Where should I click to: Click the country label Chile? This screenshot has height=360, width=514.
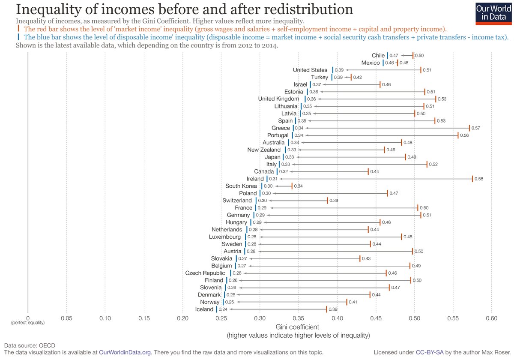(x=378, y=55)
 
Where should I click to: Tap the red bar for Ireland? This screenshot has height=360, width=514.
(x=472, y=179)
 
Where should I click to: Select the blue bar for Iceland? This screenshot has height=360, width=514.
(x=216, y=309)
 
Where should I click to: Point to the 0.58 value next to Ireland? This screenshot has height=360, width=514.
(x=479, y=179)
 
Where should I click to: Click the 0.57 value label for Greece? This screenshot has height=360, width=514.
(x=475, y=128)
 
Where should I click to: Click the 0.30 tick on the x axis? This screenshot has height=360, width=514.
(x=260, y=318)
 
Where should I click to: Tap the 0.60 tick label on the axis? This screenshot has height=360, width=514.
(x=492, y=318)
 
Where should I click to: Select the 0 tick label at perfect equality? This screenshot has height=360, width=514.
(x=28, y=318)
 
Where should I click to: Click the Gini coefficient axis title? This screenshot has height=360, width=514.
(x=298, y=327)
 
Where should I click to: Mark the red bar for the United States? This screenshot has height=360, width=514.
(x=421, y=70)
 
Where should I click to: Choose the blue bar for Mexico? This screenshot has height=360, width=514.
(x=383, y=63)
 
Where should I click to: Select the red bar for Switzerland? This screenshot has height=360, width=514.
(x=327, y=201)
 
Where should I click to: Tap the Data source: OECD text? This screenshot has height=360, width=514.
(x=30, y=345)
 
